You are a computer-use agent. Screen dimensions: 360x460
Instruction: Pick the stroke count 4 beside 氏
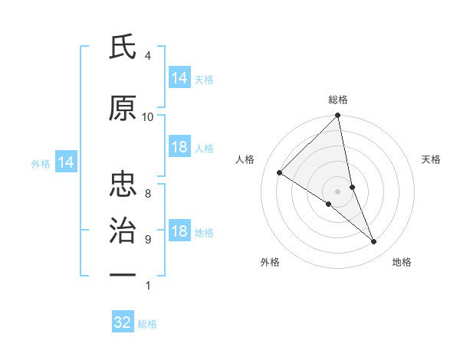tap(147, 56)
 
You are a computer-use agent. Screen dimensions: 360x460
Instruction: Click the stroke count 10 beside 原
tap(148, 116)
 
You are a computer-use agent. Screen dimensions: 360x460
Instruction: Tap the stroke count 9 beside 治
tap(147, 239)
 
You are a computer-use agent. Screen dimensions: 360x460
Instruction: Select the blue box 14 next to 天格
tap(179, 78)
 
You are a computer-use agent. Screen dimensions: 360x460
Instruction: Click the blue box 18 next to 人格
tap(179, 147)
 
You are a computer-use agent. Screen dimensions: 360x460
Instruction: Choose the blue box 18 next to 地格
tap(179, 231)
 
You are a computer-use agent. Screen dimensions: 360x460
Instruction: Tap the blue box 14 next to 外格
tap(65, 162)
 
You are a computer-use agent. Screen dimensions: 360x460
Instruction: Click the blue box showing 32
tap(123, 322)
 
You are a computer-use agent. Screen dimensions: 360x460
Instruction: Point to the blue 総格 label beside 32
tap(148, 324)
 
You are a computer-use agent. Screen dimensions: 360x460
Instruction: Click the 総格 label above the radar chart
tap(338, 100)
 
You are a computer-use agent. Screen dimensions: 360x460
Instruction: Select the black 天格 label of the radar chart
tap(432, 159)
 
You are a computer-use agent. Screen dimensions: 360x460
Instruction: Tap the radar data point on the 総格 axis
tap(338, 116)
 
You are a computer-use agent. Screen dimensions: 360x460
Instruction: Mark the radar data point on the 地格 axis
tap(374, 241)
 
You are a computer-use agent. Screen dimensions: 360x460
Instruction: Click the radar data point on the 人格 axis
tap(280, 172)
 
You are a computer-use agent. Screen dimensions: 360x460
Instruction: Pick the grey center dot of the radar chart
tap(338, 191)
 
